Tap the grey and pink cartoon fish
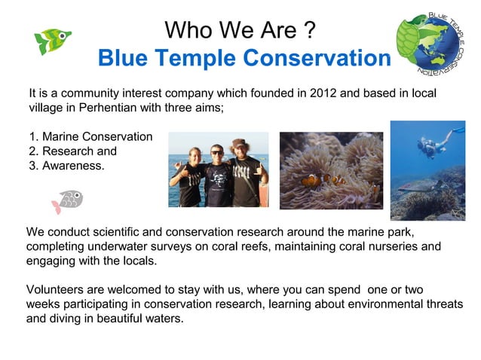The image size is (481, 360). point(66,200)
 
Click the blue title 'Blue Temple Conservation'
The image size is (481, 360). point(245,57)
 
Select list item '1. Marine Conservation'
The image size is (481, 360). point(90,137)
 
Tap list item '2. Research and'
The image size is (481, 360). point(72,151)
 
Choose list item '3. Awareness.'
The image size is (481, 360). point(66,166)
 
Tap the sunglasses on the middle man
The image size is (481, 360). point(217,153)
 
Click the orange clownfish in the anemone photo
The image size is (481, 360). point(311,181)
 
